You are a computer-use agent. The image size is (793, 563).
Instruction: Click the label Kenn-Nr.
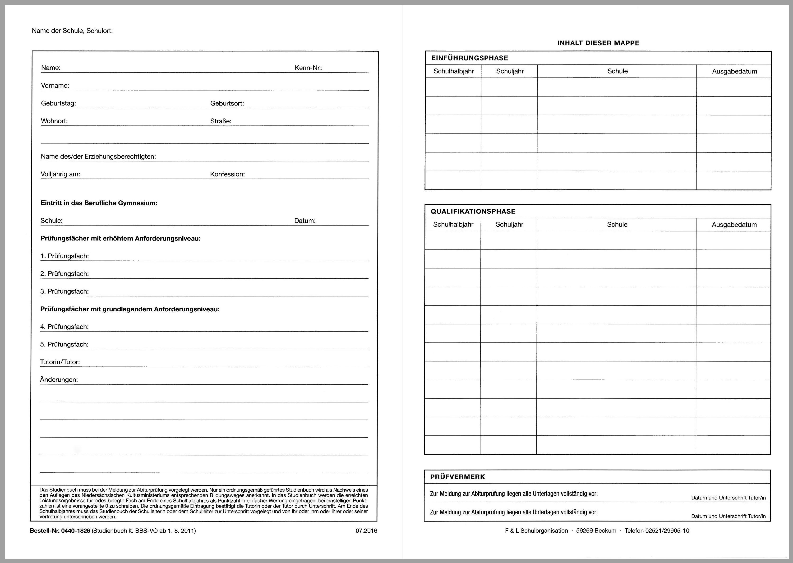coord(309,68)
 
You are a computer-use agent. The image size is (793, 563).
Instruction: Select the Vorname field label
coord(55,86)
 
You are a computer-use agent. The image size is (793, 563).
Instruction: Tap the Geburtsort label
coord(227,104)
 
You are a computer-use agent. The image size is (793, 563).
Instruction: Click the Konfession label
coord(227,174)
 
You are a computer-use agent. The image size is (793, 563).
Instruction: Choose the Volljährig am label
coord(60,174)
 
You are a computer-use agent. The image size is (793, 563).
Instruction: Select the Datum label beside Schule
coord(305,221)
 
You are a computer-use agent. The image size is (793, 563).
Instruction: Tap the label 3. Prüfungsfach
coord(65,291)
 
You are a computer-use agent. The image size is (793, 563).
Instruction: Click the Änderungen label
coord(59,380)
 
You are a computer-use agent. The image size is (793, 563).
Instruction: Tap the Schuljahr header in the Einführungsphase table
coord(509,71)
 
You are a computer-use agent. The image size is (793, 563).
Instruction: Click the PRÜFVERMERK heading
coord(457,477)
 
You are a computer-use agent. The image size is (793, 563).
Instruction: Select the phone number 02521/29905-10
coord(667,531)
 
